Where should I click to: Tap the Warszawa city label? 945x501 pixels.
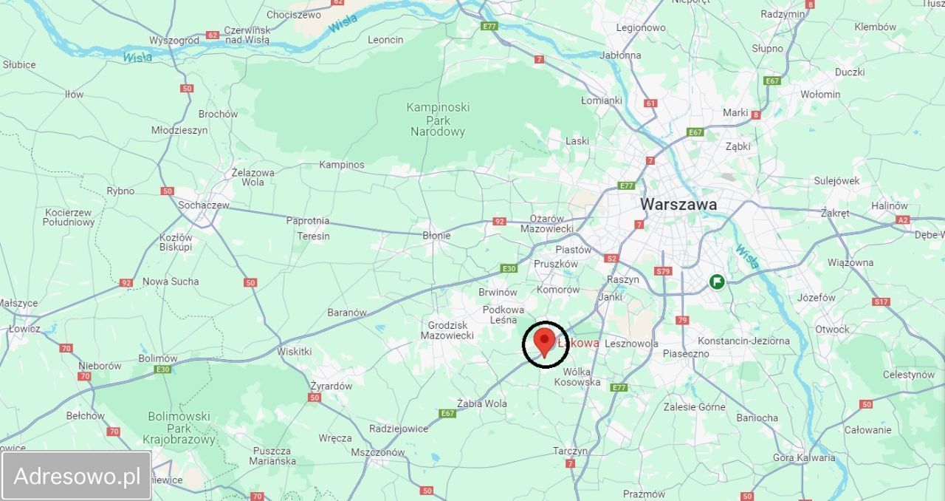coord(678,204)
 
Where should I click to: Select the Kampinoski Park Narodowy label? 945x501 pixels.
coord(438,120)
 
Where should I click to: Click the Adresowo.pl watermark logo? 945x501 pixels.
coord(77,476)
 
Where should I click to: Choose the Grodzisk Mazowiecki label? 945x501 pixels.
coord(447,330)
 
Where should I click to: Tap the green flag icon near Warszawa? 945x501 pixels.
coord(716,282)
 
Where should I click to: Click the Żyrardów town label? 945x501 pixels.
coord(331,386)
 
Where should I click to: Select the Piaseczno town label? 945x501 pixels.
coord(685,353)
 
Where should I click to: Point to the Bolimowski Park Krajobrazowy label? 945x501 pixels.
coord(179,428)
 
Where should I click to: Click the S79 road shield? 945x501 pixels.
coord(663,271)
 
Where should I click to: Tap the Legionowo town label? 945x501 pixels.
coord(641,27)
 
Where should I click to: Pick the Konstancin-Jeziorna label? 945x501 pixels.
coord(743,341)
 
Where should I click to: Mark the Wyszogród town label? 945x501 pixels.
coord(174,40)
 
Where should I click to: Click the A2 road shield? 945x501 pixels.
coord(902,219)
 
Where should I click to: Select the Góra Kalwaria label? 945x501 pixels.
coord(804,457)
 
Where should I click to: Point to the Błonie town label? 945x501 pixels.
coord(436,236)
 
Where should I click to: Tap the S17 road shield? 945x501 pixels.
coord(881,301)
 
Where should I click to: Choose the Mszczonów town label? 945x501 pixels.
coord(377,452)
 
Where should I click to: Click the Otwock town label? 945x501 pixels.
coord(832,329)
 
